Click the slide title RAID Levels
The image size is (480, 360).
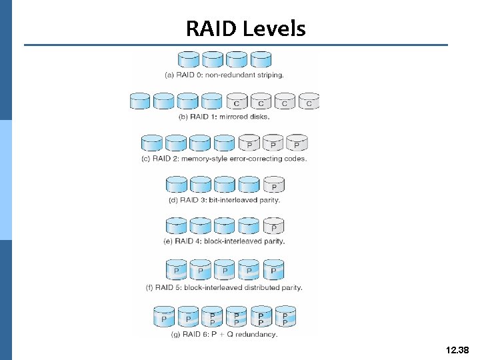245,29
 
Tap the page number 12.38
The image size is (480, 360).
456,349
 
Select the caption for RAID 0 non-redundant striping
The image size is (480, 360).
224,75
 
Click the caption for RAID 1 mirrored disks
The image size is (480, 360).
224,117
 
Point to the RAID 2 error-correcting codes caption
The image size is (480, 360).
224,159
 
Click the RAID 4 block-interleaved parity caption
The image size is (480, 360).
224,241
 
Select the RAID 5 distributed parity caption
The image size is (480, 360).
224,288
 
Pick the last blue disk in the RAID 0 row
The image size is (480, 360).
261,60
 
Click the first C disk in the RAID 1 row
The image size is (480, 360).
237,101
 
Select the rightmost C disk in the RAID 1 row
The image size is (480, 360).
309,101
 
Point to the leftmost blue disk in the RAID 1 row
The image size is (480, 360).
139,101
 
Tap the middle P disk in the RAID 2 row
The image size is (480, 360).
273,143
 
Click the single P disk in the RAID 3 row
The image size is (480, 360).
273,185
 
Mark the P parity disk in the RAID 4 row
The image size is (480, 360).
273,226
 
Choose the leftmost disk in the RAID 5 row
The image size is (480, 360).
176,271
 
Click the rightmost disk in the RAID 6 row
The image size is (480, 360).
285,317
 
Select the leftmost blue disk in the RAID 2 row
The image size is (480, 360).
152,143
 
